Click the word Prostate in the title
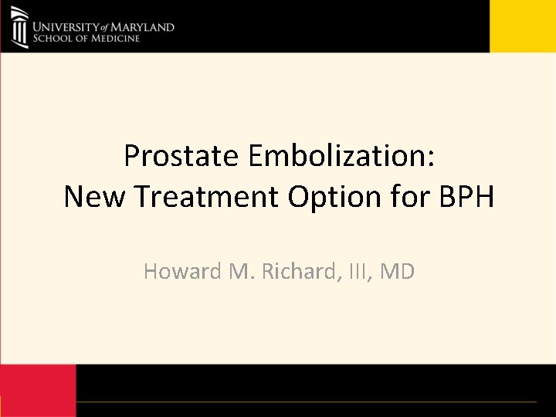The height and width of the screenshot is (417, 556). (x=181, y=157)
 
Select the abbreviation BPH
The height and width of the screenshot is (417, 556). (x=466, y=197)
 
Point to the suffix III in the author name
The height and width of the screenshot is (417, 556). (x=361, y=272)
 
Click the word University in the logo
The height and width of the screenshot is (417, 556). (x=68, y=27)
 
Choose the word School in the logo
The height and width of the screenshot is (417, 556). (x=49, y=39)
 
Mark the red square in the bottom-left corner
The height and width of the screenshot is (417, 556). (x=38, y=390)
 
